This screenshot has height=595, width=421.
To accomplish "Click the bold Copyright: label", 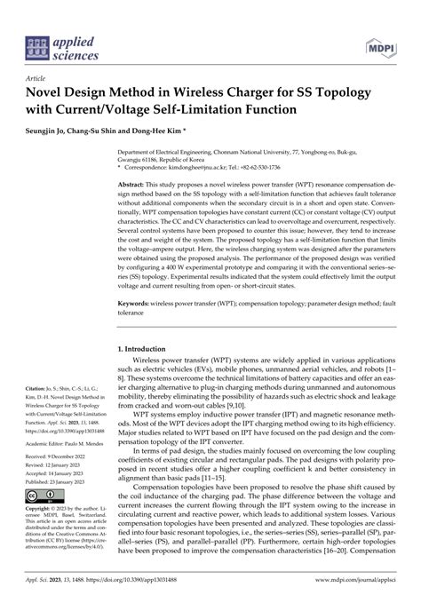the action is click(43, 533).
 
